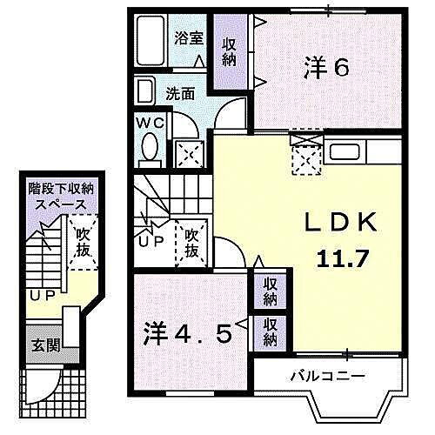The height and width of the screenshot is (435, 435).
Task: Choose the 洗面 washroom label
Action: point(180,93)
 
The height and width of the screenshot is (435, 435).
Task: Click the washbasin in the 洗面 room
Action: point(145,90)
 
